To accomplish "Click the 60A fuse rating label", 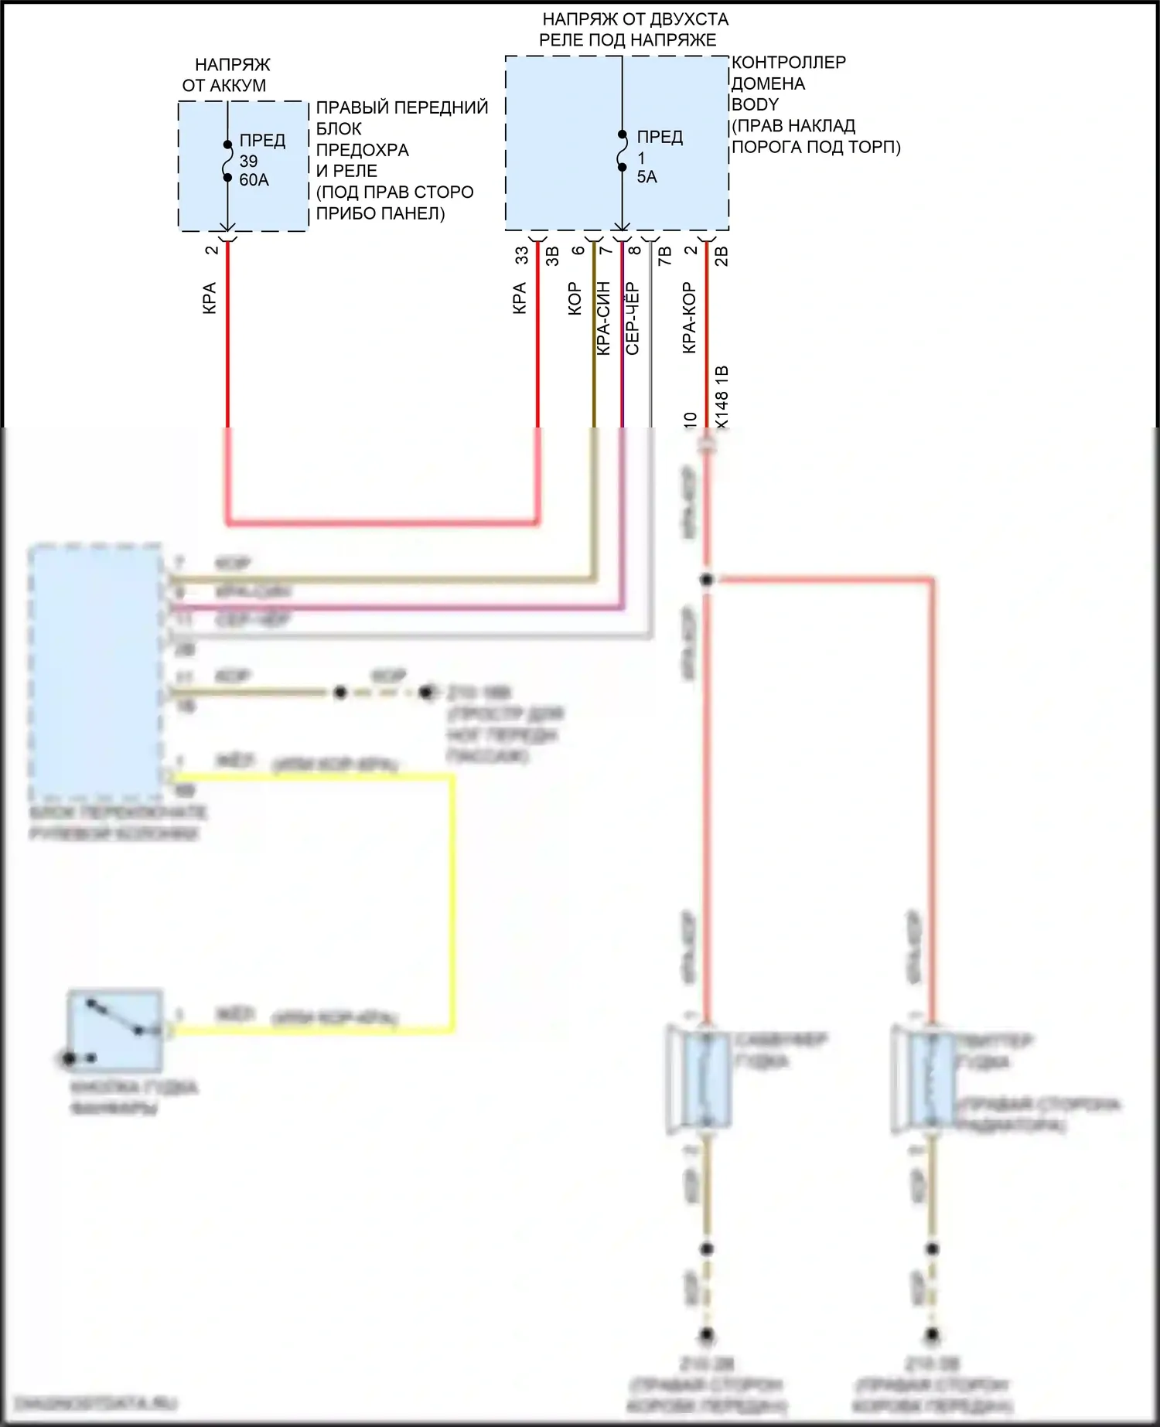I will coord(254,180).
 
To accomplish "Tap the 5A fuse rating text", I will coord(647,177).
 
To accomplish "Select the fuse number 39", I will coord(248,161).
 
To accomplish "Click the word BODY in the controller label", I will coord(755,104).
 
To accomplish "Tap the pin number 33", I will coord(522,254).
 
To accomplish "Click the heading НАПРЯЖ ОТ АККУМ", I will coord(225,75).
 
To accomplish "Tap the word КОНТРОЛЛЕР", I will coord(789,62).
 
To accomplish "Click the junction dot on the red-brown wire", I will coord(706,580).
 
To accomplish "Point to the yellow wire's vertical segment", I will coord(452,901).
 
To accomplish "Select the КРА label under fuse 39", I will coord(210,298).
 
